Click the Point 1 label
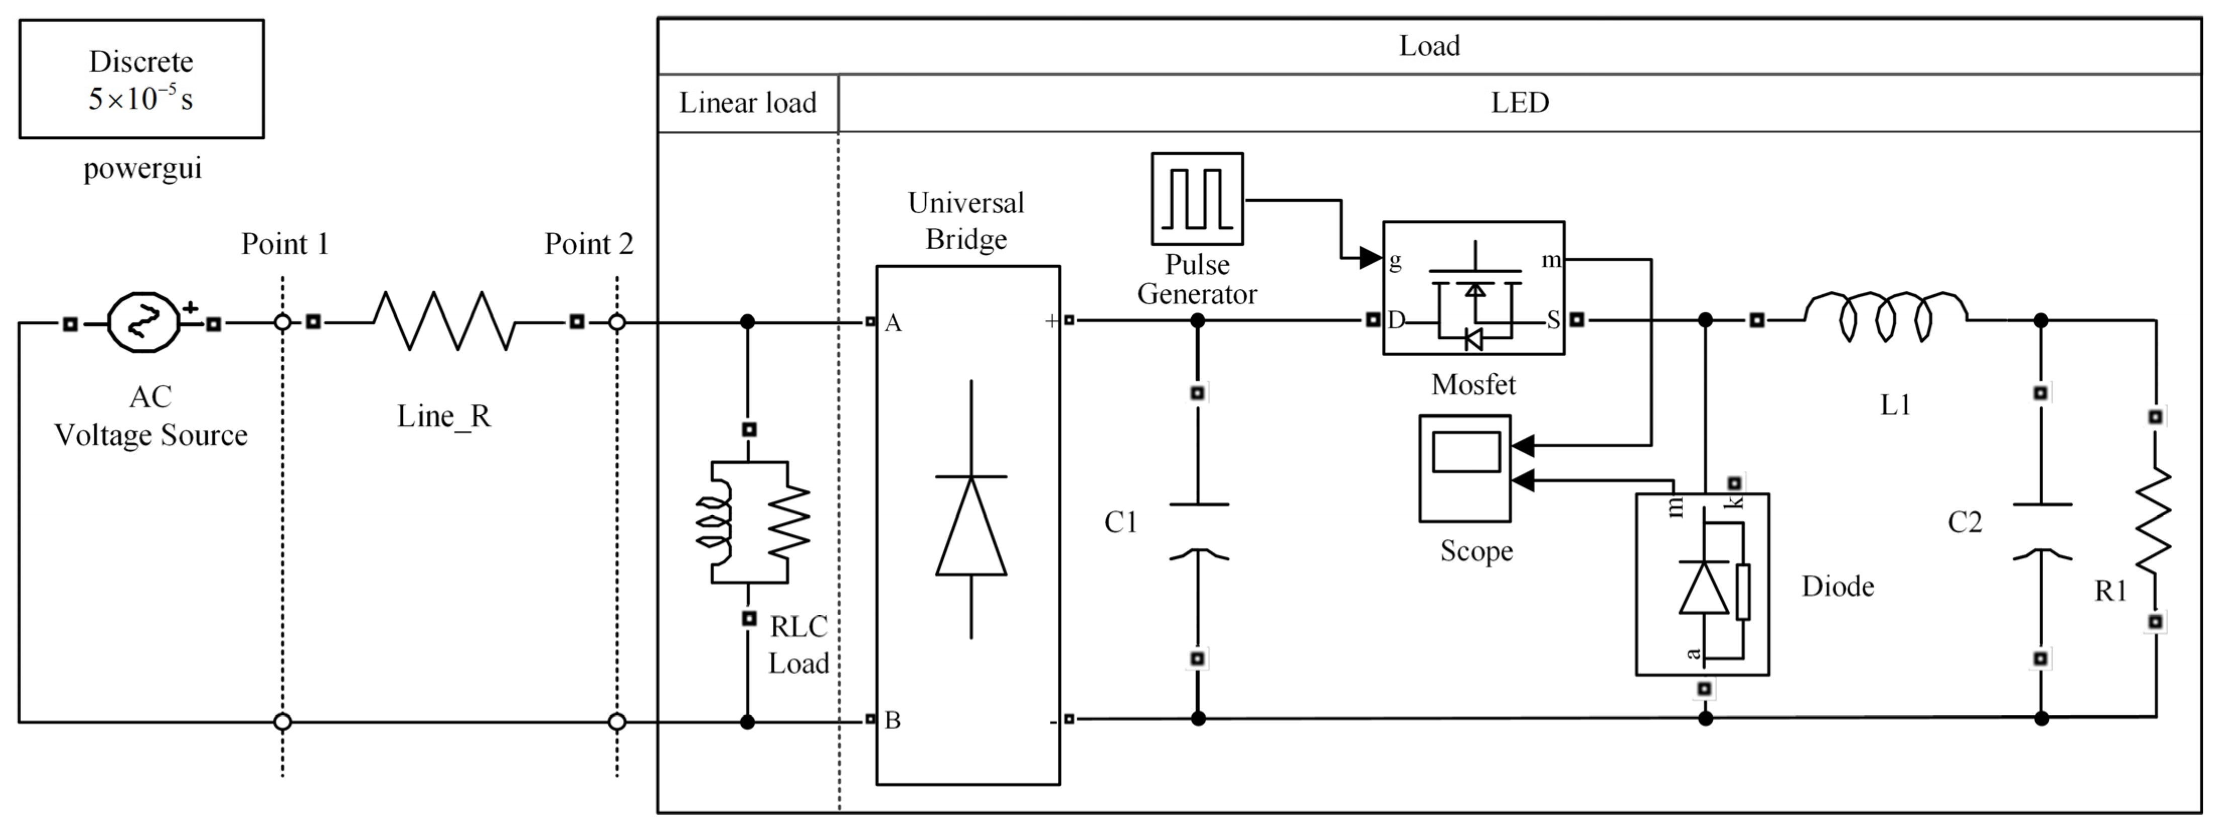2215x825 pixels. [285, 244]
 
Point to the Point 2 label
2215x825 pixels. [588, 244]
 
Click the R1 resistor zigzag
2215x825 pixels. [2154, 521]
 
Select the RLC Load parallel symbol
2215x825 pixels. [751, 522]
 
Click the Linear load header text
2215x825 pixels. [747, 103]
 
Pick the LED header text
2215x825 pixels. [1520, 103]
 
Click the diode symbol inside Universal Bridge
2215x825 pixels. [971, 525]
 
